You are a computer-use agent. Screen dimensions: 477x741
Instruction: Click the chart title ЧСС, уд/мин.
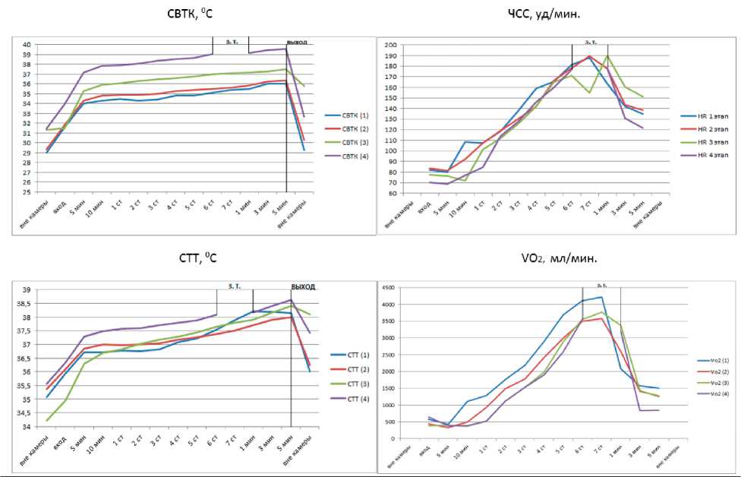554,14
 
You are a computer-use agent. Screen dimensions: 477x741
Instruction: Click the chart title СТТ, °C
193,258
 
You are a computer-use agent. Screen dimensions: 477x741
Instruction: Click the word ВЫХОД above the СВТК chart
297,43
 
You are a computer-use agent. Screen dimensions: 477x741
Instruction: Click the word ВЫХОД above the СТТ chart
303,287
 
